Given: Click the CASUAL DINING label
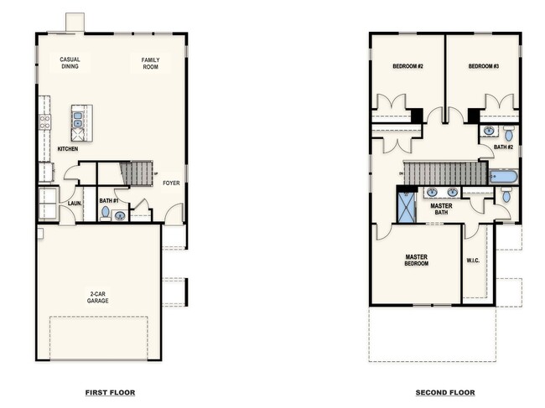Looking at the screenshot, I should [70, 63].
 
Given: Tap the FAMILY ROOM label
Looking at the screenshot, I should [150, 63].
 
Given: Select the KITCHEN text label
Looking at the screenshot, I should [68, 149].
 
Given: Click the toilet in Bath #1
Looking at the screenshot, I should [106, 212].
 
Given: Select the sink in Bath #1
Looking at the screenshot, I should [120, 215].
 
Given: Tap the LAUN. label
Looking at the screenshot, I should [74, 203].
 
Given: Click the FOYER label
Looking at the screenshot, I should [171, 183].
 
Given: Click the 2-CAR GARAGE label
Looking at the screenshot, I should [98, 297].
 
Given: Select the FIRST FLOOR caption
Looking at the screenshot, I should [110, 392].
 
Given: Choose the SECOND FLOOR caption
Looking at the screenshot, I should [444, 392].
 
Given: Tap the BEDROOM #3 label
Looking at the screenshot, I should [483, 66].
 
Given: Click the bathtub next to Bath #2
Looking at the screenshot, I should [504, 177].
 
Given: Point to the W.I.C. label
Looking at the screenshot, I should [473, 260].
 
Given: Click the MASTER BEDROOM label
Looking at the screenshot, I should [417, 260].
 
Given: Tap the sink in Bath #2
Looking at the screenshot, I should [490, 132].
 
